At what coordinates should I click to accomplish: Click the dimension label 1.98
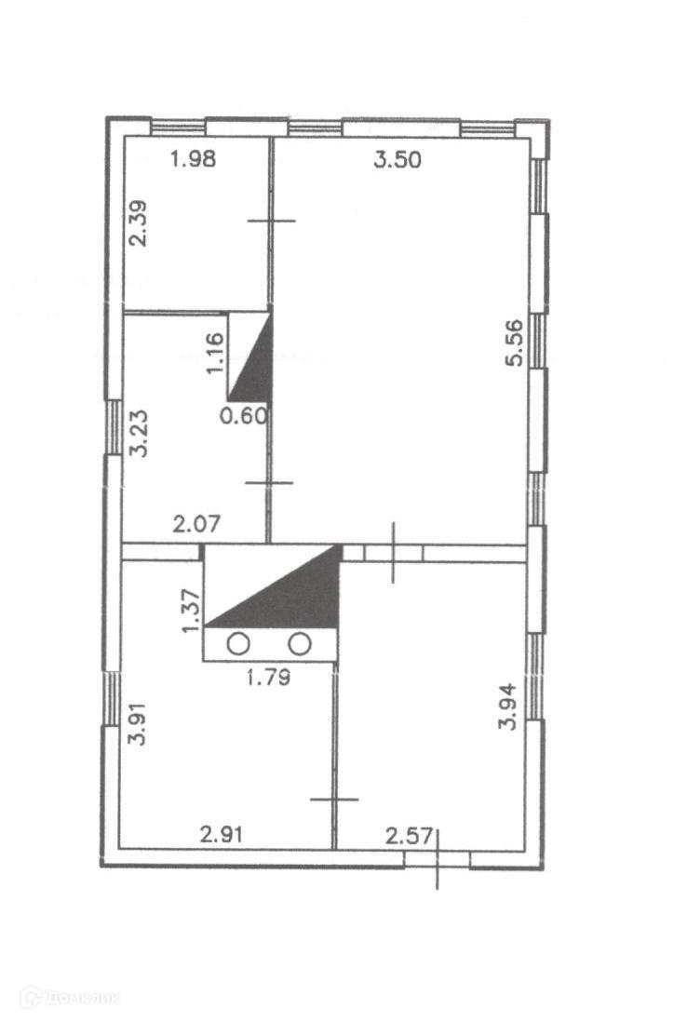(193, 158)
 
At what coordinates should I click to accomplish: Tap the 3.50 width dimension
(398, 160)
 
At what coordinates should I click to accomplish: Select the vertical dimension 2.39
(139, 222)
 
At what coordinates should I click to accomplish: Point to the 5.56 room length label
(515, 343)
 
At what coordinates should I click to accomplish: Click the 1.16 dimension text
(214, 354)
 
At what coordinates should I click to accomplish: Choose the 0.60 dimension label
(244, 416)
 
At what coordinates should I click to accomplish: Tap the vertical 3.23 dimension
(139, 433)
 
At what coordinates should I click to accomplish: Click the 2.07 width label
(196, 523)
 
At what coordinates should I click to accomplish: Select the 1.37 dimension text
(192, 610)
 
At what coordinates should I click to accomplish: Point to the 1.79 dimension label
(268, 678)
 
